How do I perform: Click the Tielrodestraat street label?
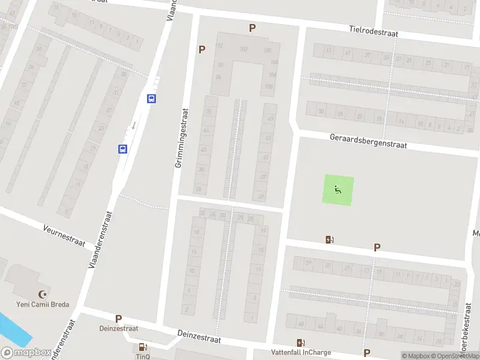click(x=374, y=31)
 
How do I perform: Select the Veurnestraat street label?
click(x=65, y=233)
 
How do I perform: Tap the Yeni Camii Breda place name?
click(x=43, y=304)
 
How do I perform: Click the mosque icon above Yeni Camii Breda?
click(x=43, y=294)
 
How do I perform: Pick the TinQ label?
click(x=142, y=356)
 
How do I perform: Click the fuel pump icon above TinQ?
click(x=143, y=346)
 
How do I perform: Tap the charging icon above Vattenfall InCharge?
click(x=300, y=343)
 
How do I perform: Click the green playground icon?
click(x=339, y=190)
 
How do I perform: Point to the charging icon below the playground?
click(x=329, y=239)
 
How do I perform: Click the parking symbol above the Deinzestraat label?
click(x=119, y=319)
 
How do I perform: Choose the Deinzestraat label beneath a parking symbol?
click(x=119, y=328)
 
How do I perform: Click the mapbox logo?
click(x=26, y=353)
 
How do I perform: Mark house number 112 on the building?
click(x=219, y=46)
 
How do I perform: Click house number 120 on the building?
click(x=268, y=50)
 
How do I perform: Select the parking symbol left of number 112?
click(x=202, y=49)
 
